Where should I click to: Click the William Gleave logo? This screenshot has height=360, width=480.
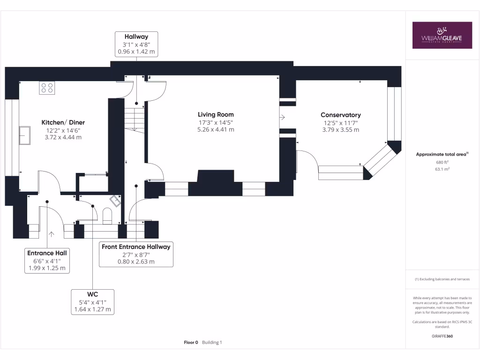pos(442,35)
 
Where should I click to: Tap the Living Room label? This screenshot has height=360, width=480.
pos(216,114)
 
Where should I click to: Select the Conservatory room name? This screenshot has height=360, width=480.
pos(340,115)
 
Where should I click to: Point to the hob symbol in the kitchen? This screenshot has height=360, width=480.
pos(47,88)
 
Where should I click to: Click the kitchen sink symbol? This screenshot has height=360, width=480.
pos(24,135)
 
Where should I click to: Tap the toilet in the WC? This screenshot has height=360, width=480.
pos(107,216)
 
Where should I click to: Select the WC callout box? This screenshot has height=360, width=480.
pos(92,301)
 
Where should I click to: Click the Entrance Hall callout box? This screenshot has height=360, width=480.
pos(47,261)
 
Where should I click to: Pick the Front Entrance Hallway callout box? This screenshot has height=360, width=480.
pos(136,254)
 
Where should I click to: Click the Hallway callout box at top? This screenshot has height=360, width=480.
pos(136,44)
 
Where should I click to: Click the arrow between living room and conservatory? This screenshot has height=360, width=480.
pos(283,117)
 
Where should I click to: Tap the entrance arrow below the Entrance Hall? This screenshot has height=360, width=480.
pos(51,232)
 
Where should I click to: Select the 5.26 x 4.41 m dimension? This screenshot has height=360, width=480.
pos(216,130)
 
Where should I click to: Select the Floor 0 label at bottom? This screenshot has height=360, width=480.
pos(191,343)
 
